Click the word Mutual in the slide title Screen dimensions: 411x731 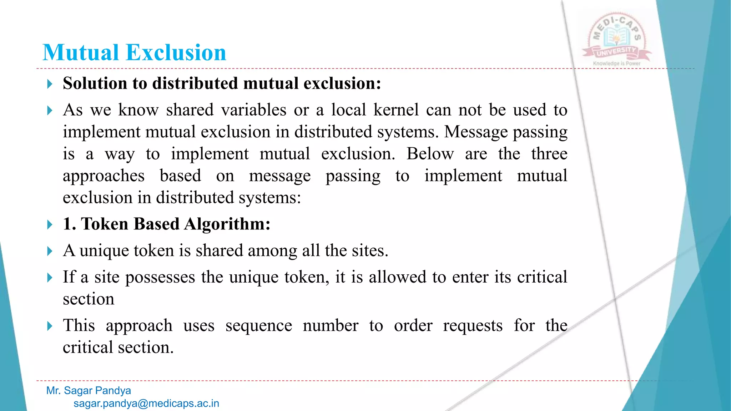pyautogui.click(x=81, y=52)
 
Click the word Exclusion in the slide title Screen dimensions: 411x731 pyautogui.click(x=176, y=52)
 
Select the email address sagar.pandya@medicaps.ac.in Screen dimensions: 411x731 pyautogui.click(x=146, y=404)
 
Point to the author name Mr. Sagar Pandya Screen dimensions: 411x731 pyautogui.click(x=89, y=391)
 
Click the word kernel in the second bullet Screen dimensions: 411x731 pyautogui.click(x=396, y=110)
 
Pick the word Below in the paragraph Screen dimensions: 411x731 pyautogui.click(x=430, y=154)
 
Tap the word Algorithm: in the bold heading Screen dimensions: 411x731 pyautogui.click(x=227, y=224)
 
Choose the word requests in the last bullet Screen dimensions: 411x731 pyautogui.click(x=473, y=326)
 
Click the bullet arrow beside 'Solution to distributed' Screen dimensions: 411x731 pyautogui.click(x=50, y=84)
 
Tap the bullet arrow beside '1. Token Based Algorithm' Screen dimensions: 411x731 pyautogui.click(x=50, y=225)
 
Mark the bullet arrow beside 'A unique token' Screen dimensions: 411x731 pyautogui.click(x=50, y=251)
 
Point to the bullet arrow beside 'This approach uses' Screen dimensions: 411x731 pyautogui.click(x=50, y=326)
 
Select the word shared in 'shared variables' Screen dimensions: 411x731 pyautogui.click(x=190, y=110)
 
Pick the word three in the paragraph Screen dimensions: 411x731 pyautogui.click(x=549, y=154)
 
